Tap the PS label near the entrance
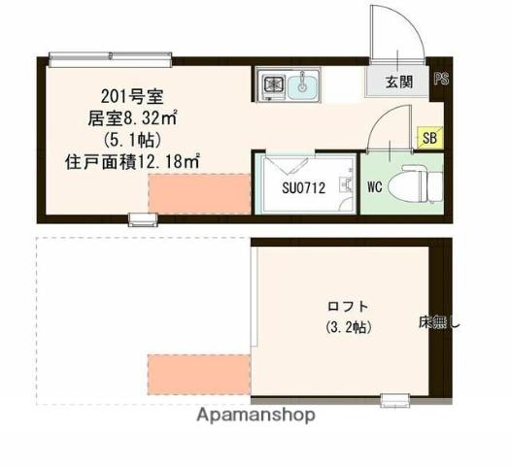(x=441, y=80)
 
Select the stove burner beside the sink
(x=271, y=85)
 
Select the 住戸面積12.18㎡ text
(x=132, y=161)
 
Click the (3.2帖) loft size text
(x=346, y=327)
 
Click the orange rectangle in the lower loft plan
(x=198, y=373)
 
